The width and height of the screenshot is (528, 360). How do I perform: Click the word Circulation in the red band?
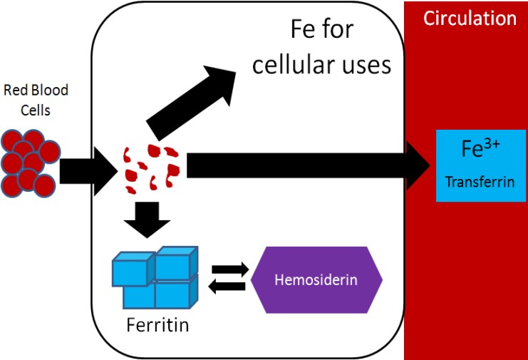(x=470, y=18)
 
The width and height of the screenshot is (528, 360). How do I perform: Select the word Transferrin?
(x=470, y=182)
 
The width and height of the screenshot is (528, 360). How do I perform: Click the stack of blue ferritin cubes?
(x=155, y=277)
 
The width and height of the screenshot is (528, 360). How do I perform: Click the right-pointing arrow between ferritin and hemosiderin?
(x=229, y=269)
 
